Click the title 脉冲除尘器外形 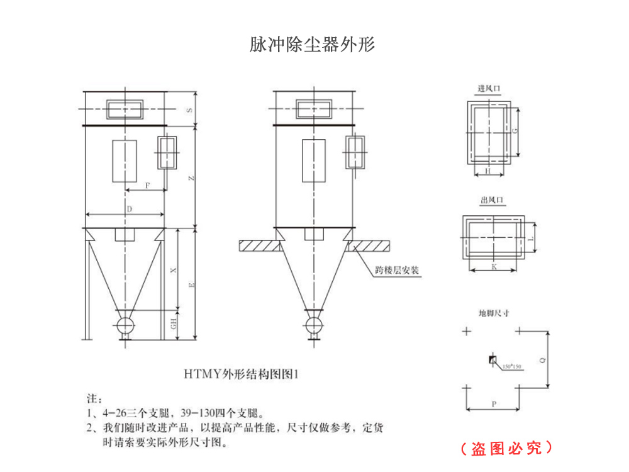click(313, 45)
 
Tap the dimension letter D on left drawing click(128, 208)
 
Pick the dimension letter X click(174, 270)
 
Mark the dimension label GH click(174, 325)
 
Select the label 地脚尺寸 click(494, 313)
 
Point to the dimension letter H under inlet click(489, 171)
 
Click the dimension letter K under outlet click(493, 267)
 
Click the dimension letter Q click(542, 359)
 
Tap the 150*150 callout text click(512, 366)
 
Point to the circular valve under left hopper click(125, 325)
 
